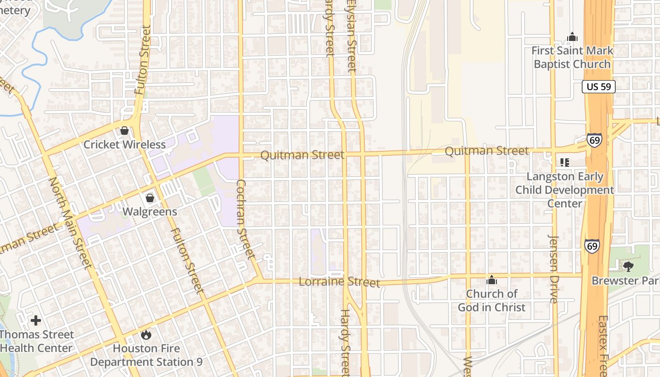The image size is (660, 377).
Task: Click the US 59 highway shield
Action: pos(599,86)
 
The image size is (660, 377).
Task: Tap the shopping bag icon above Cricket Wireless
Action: pos(124,131)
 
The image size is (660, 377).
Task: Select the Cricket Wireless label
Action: pos(124,145)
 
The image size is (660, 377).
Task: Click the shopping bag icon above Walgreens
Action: pos(150,198)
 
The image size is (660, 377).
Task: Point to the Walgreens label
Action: pos(150,212)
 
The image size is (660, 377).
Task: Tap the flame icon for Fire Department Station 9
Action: pos(146,335)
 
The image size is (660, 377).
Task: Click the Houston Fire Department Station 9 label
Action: pos(146,355)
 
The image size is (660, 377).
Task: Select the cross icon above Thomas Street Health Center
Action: pos(36,321)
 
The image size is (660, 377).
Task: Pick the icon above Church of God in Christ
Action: pos(492,280)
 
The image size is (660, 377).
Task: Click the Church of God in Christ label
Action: pos(492,301)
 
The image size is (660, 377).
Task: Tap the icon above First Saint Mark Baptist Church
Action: pos(572,37)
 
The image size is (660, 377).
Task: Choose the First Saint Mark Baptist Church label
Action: pos(572,57)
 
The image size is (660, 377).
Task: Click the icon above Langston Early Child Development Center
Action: pos(565,163)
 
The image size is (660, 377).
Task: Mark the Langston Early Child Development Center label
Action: pos(565,190)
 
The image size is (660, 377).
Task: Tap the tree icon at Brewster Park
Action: pos(628,267)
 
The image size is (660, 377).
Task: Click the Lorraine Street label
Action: pos(339,282)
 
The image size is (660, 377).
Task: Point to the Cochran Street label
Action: pos(245,220)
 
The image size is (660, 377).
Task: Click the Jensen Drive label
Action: pos(554,269)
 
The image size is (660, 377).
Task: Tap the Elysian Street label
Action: pos(351,35)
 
